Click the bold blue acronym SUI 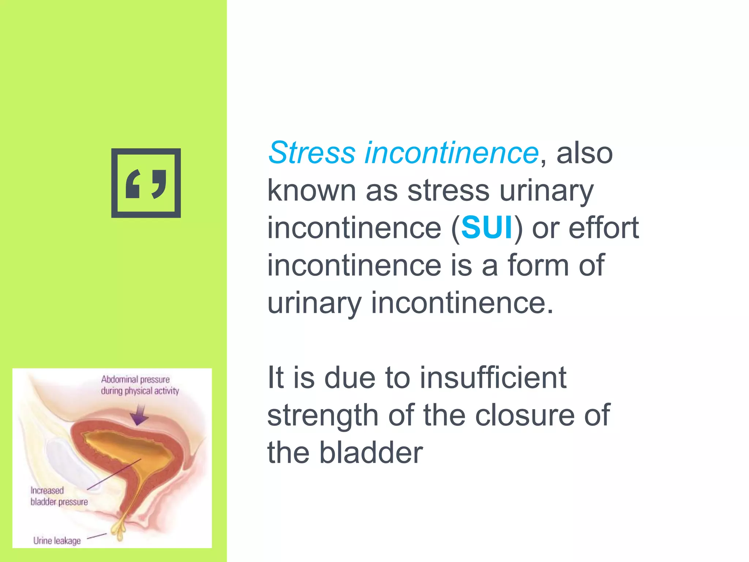(x=487, y=228)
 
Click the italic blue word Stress (x=312, y=153)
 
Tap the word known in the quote (x=312, y=191)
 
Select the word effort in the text (x=603, y=228)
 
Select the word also (x=584, y=153)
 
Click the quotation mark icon (x=146, y=183)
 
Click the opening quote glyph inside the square (x=133, y=184)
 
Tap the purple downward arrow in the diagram (x=139, y=415)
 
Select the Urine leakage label (x=57, y=540)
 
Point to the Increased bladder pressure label (x=59, y=496)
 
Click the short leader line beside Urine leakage (x=97, y=536)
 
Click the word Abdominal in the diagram (x=120, y=379)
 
